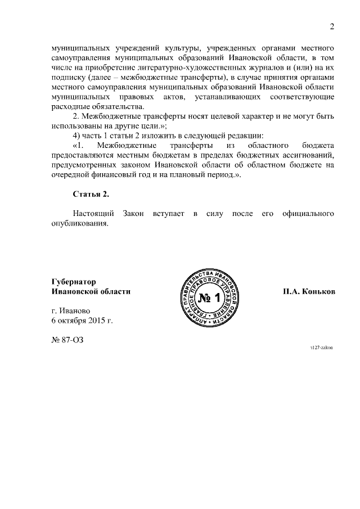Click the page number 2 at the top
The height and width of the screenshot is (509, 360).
pyautogui.click(x=332, y=27)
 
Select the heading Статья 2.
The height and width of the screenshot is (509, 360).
pyautogui.click(x=91, y=194)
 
